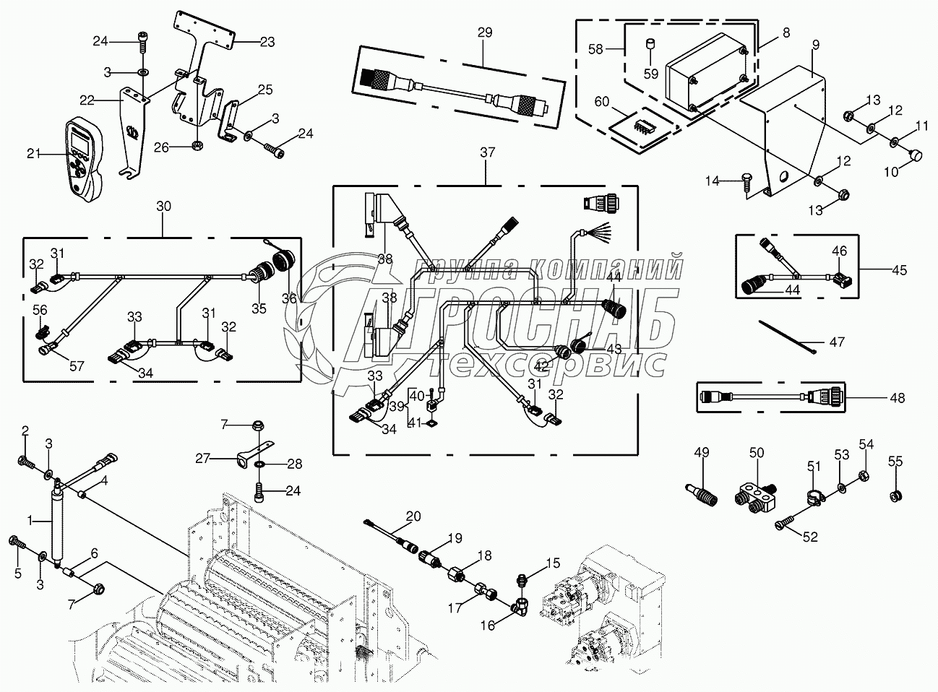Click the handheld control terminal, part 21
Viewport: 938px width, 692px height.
point(85,159)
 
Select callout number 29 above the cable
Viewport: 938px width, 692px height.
point(485,32)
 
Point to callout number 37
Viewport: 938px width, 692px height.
point(487,152)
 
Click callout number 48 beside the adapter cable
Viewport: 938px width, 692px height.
point(897,398)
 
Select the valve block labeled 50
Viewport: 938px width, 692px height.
point(757,500)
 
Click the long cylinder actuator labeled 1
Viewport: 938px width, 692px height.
point(56,522)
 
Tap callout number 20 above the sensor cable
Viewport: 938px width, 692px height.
point(413,516)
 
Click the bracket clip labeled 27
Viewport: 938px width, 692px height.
point(254,455)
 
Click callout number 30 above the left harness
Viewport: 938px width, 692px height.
point(163,207)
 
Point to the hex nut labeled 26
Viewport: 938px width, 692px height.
point(197,146)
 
